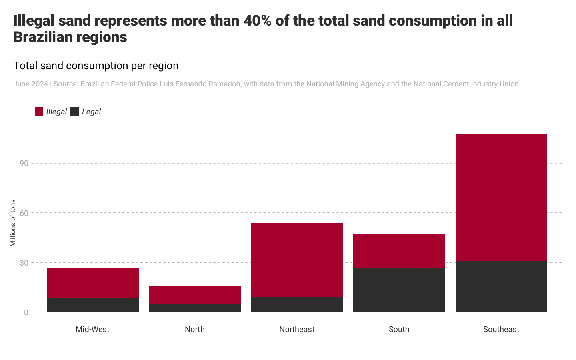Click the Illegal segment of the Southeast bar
click(x=501, y=197)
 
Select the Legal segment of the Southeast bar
click(x=501, y=286)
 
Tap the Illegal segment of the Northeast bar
click(x=297, y=260)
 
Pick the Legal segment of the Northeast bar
click(x=297, y=304)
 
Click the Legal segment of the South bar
click(x=399, y=290)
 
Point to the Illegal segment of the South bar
click(x=399, y=251)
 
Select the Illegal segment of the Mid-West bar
click(x=93, y=283)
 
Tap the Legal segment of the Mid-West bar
click(x=93, y=304)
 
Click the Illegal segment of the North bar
click(x=195, y=295)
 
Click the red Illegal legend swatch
click(x=39, y=112)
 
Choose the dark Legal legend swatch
click(x=74, y=112)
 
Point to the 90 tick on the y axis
click(x=24, y=163)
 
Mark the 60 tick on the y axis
click(x=24, y=213)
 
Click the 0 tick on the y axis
click(x=26, y=312)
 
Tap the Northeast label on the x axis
click(x=297, y=329)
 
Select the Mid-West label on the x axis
click(x=92, y=329)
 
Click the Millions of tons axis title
click(x=13, y=223)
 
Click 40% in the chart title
click(x=258, y=21)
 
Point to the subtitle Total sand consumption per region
click(x=96, y=66)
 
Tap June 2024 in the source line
click(x=30, y=84)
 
